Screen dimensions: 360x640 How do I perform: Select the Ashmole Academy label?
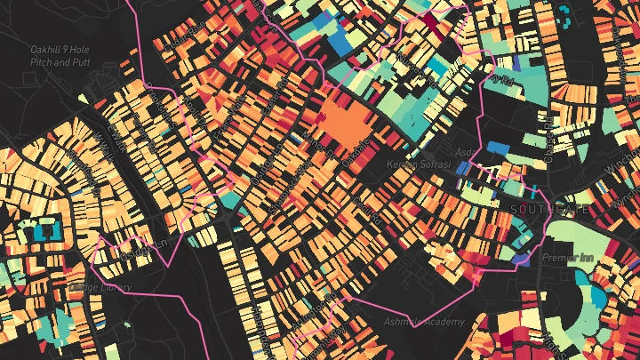(x=423, y=321)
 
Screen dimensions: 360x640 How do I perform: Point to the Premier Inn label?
(x=566, y=257)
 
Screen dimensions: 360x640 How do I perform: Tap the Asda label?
(x=465, y=152)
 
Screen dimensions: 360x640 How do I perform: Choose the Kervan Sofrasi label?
(x=420, y=166)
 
